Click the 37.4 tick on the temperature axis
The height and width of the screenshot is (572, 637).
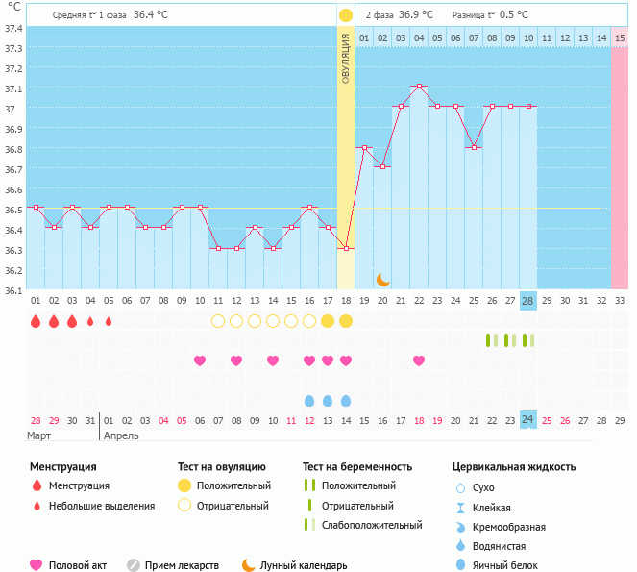13,28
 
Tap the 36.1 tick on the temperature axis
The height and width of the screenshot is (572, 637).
13,289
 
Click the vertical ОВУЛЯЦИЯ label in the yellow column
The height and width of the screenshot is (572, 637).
346,58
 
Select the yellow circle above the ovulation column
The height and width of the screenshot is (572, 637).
346,15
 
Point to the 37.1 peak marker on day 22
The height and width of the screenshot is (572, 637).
419,87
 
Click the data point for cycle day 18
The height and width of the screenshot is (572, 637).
346,248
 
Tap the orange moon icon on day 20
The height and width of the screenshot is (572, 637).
382,279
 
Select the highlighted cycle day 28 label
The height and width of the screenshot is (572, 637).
527,300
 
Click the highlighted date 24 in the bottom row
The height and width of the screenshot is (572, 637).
527,419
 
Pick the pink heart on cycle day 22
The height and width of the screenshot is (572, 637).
419,361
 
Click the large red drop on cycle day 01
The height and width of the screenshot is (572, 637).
36,321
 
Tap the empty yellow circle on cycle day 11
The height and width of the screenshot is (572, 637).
218,321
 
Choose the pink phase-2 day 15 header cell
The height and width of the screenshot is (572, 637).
620,37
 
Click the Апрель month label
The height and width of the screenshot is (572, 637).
120,435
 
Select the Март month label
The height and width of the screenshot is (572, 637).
39,435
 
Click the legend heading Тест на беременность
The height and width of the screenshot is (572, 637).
356,467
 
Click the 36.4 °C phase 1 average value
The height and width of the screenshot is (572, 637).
150,15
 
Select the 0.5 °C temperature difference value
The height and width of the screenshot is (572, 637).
517,15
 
